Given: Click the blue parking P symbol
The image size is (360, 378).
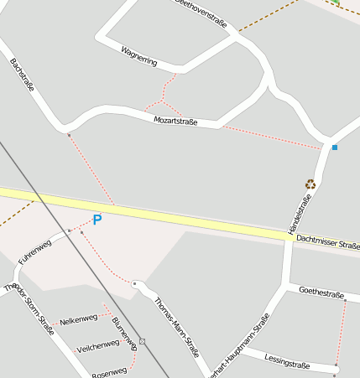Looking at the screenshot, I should pyautogui.click(x=97, y=220).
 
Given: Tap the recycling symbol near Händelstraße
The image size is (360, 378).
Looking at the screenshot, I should pyautogui.click(x=310, y=184).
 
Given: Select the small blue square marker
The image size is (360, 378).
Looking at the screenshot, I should pyautogui.click(x=334, y=148).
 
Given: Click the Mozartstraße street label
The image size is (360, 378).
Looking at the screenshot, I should pyautogui.click(x=175, y=122).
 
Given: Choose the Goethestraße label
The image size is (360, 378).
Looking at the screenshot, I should pyautogui.click(x=322, y=293).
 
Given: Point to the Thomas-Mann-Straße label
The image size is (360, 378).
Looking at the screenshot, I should pyautogui.click(x=175, y=326).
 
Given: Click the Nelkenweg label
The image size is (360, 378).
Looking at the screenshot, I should pyautogui.click(x=79, y=318).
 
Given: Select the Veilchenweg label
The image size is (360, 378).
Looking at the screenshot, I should pyautogui.click(x=97, y=344).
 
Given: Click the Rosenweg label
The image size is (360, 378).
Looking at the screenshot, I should pyautogui.click(x=109, y=371).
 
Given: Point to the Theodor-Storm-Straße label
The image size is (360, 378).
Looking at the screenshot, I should pyautogui.click(x=29, y=309).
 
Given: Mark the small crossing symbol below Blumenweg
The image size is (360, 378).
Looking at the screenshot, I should pyautogui.click(x=143, y=341).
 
